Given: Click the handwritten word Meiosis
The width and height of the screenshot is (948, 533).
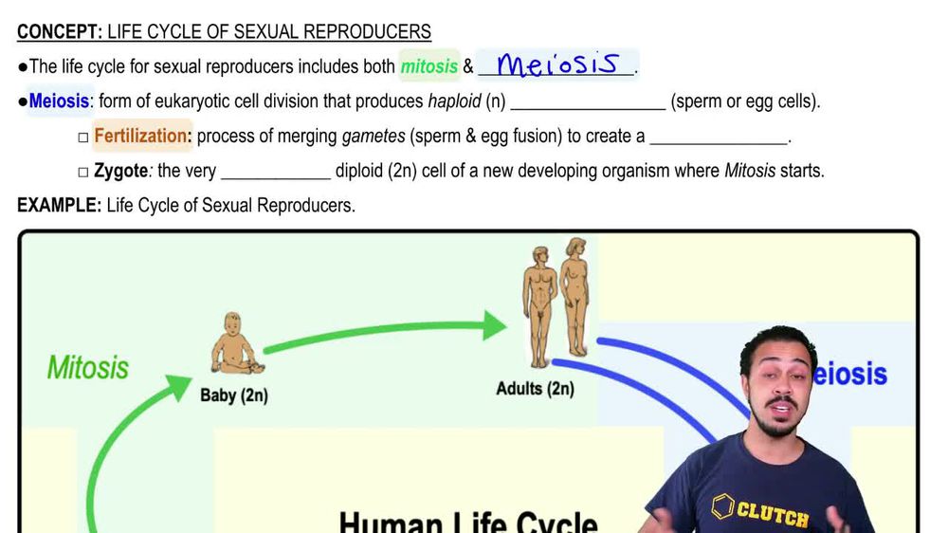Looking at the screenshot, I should pyautogui.click(x=558, y=64).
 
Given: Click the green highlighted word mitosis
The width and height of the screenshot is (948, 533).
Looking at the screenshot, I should pyautogui.click(x=429, y=66).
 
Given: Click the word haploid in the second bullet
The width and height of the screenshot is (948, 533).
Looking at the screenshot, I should pyautogui.click(x=454, y=101).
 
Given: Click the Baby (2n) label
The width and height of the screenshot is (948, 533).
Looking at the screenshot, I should pyautogui.click(x=233, y=395).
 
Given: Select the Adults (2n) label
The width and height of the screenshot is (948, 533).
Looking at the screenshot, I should pyautogui.click(x=535, y=389).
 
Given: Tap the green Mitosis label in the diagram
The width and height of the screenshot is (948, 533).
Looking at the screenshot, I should pyautogui.click(x=88, y=367).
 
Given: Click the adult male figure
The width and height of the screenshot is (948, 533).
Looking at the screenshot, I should pyautogui.click(x=538, y=303).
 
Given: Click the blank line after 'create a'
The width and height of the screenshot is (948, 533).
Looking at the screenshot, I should pyautogui.click(x=720, y=137).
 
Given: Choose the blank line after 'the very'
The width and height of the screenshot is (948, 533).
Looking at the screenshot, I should pyautogui.click(x=275, y=173).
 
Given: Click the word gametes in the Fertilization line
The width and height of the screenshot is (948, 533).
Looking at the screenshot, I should pyautogui.click(x=374, y=137).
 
